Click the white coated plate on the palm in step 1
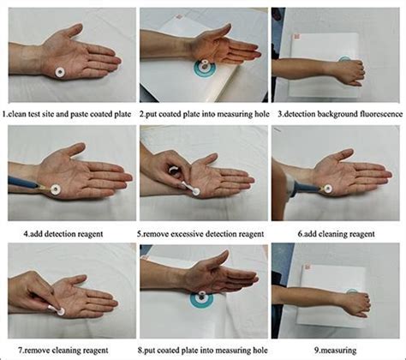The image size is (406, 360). (63, 72)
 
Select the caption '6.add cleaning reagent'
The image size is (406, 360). (337, 230)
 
